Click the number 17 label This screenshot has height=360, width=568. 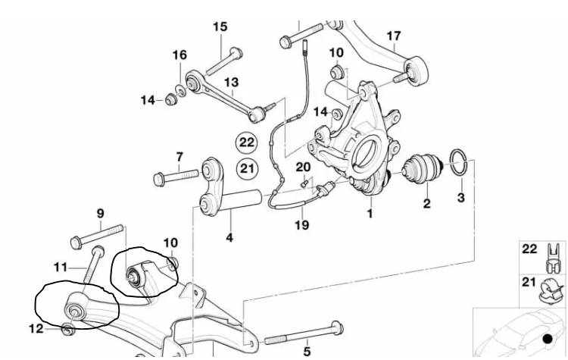[x=394, y=36]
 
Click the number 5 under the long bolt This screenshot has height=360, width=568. [x=307, y=351]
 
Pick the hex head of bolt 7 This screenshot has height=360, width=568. [x=159, y=179]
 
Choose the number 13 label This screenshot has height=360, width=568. [x=231, y=82]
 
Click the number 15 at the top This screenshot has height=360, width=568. [x=220, y=27]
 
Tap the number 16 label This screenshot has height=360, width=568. [x=179, y=55]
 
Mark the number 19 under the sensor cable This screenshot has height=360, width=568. [x=302, y=225]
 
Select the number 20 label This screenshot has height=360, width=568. [x=303, y=167]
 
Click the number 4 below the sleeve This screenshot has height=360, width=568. [x=229, y=238]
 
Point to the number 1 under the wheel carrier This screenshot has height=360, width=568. [x=370, y=214]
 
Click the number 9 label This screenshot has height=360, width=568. [x=101, y=213]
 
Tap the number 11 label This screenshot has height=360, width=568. [x=61, y=266]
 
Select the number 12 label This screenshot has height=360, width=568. [x=36, y=328]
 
